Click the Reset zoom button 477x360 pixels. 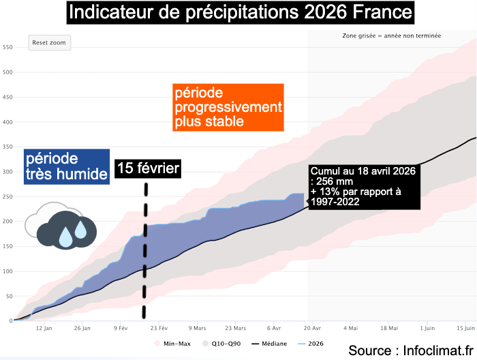click(x=50, y=42)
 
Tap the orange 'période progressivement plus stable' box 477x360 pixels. click(x=227, y=107)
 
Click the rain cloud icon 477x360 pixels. click(x=57, y=224)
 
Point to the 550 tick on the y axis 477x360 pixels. click(x=7, y=47)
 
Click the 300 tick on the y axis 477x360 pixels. click(x=7, y=172)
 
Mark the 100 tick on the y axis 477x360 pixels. click(x=7, y=271)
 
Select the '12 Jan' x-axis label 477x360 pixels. click(x=43, y=327)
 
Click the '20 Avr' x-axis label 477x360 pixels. click(x=311, y=327)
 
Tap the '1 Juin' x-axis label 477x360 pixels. click(x=427, y=327)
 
